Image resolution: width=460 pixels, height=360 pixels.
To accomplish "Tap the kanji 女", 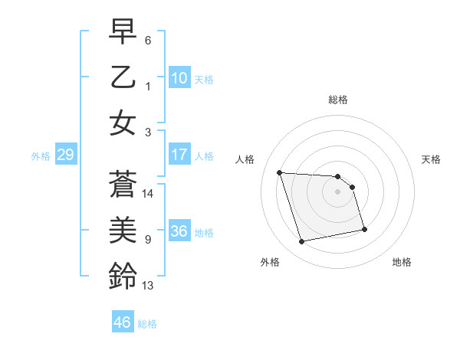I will pos(122,123).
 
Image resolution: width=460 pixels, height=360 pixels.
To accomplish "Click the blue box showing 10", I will pos(179,78).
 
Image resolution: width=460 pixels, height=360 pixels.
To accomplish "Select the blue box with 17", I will pos(179,155).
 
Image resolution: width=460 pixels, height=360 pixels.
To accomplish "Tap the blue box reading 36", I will pos(179,231).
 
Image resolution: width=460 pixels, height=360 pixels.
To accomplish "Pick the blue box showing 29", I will pos(65,155).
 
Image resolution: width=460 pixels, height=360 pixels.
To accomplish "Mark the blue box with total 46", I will pos(123,322).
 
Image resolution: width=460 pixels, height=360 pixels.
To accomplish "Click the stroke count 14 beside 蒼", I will pos(148,194).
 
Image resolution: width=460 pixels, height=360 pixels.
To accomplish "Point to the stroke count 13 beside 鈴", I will pos(148,286).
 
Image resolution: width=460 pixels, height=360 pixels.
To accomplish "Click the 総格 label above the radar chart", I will pos(337,100).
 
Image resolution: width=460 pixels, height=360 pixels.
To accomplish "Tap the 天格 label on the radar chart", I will pos(431,159).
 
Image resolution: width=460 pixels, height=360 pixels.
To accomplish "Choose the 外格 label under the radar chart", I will pos(270,262).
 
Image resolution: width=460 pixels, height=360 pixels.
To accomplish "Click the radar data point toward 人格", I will pos(280,172).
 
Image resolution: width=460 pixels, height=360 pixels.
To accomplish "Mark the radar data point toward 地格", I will pos(363,229).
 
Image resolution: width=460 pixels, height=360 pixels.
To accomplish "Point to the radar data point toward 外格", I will pos(302,242).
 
